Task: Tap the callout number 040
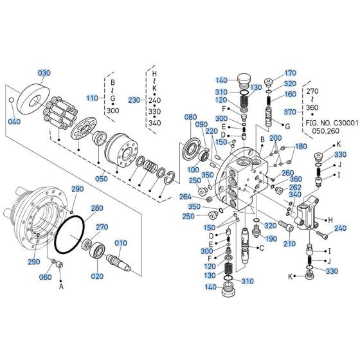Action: (14, 122)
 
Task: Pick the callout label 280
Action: (97, 208)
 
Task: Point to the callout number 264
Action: (186, 197)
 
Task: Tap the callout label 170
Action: (291, 73)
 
